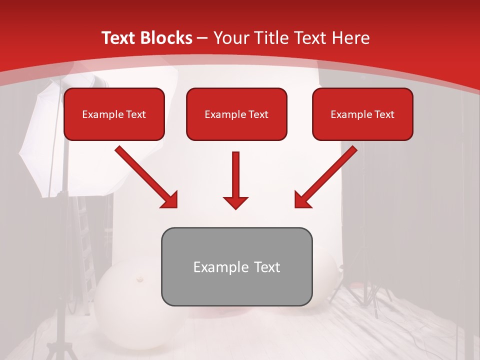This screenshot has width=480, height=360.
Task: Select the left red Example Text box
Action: tap(114, 114)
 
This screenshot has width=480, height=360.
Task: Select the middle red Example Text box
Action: tap(236, 114)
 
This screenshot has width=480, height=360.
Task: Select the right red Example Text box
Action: tap(362, 114)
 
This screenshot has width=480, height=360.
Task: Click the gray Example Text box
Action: tap(236, 266)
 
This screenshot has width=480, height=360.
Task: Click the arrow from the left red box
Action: tap(145, 176)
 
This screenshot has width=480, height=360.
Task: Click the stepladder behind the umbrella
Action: tap(82, 250)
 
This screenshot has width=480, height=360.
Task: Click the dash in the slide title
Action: tap(202, 38)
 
